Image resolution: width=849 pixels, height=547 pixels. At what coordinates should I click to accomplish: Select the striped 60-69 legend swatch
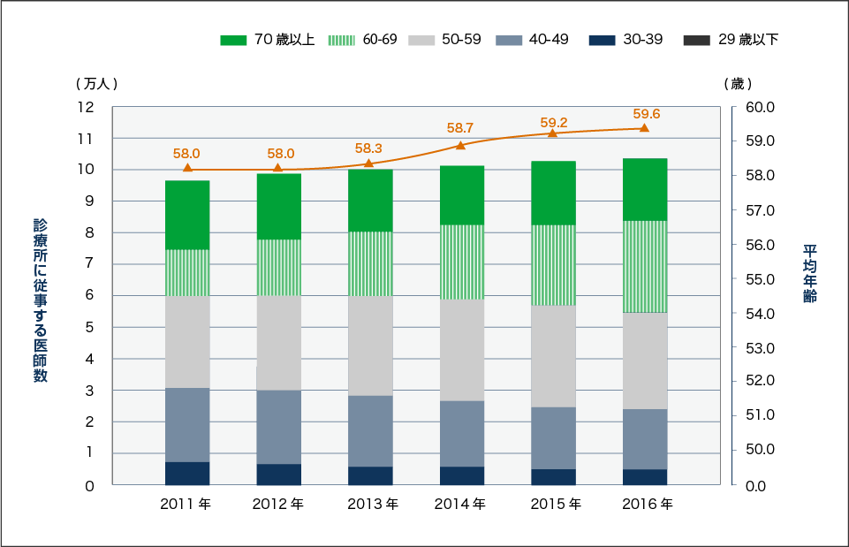341,40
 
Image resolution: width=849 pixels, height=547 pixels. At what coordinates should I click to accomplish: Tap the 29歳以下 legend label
748,40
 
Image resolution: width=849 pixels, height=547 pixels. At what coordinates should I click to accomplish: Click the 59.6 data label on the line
647,113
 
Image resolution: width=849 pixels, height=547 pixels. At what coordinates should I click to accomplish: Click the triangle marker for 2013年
369,163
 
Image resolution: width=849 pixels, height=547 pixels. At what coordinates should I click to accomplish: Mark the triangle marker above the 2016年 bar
644,128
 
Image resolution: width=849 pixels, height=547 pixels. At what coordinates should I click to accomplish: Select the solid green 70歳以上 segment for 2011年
187,215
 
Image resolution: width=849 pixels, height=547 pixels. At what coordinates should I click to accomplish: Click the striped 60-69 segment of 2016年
644,266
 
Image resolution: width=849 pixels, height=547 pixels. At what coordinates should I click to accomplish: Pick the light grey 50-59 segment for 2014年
461,350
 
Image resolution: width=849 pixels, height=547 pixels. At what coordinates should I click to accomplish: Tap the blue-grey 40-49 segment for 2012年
278,427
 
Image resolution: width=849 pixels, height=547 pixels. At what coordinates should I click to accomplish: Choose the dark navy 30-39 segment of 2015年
553,476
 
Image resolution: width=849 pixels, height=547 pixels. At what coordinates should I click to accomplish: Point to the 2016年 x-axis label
647,505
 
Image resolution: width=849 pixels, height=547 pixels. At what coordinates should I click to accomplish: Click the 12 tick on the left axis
86,107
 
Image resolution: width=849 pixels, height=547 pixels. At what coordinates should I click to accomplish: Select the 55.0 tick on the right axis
760,279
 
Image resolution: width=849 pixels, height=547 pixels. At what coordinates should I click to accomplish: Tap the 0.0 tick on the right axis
760,486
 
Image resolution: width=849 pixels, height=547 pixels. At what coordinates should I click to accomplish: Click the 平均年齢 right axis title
810,274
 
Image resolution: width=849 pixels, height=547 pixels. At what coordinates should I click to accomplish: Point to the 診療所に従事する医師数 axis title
40,300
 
